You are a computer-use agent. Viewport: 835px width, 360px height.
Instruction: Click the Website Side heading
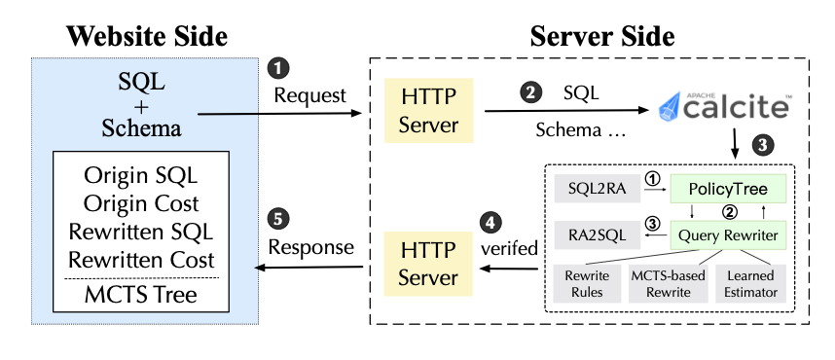[146, 37]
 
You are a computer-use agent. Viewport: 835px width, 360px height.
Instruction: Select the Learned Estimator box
[752, 284]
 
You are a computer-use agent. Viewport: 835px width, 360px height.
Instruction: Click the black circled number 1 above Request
[277, 68]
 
